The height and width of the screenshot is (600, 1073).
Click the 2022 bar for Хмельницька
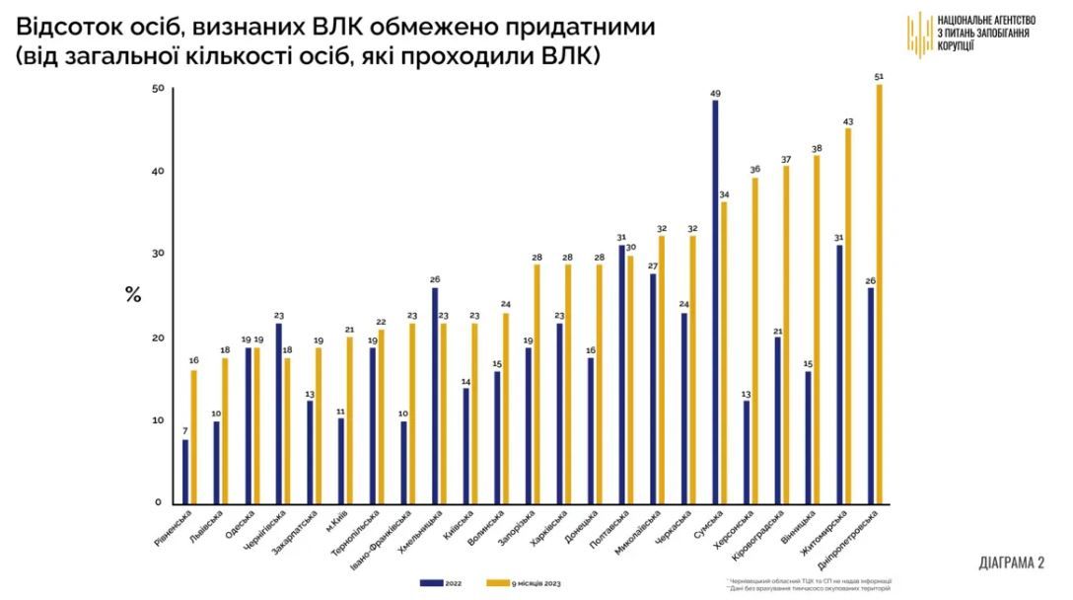click(435, 395)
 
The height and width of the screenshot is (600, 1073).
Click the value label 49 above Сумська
click(715, 94)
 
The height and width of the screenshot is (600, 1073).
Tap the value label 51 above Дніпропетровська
click(879, 77)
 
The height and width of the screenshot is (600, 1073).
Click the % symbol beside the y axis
click(132, 294)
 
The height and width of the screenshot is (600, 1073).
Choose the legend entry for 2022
click(443, 582)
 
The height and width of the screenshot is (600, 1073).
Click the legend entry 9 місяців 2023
click(534, 582)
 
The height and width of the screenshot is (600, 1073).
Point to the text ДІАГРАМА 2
click(1011, 562)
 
